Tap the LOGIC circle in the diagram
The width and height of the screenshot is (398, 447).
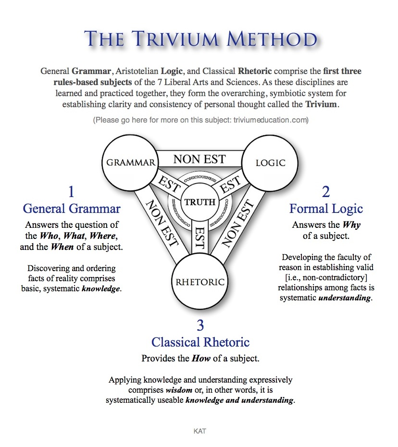270,162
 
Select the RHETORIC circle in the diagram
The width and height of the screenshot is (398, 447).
200,282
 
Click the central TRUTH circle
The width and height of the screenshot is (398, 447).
200,202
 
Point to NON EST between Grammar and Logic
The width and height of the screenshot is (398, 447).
199,159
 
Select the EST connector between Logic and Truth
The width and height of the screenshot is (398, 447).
230,184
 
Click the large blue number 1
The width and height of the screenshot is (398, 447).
71,192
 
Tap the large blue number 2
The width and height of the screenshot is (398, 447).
326,192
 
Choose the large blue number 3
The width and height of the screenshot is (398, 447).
200,326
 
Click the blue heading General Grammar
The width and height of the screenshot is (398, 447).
72,209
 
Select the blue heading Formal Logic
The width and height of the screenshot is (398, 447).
326,209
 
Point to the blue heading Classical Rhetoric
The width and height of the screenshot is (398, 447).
200,342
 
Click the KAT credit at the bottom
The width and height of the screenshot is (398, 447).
199,431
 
